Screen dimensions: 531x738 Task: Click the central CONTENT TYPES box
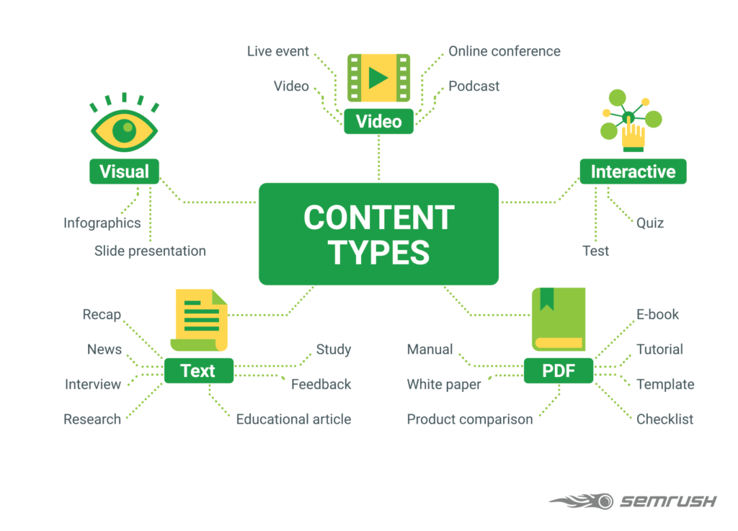(378, 233)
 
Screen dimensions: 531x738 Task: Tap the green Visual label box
(124, 171)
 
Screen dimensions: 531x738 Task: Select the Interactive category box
(633, 171)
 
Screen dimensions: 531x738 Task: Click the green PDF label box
(559, 371)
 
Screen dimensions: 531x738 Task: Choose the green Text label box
(198, 371)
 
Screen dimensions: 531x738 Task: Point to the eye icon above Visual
(124, 126)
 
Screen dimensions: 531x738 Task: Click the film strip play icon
(378, 78)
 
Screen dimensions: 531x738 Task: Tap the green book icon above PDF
(559, 319)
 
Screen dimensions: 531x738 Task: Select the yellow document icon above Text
(200, 319)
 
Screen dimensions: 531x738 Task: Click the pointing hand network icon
(631, 119)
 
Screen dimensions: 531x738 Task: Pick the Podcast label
(474, 86)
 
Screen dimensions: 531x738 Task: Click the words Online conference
(504, 51)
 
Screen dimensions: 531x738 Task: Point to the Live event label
(277, 51)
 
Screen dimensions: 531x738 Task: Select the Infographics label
(102, 223)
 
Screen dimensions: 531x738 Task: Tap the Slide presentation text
(150, 251)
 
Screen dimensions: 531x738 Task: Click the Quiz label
(649, 223)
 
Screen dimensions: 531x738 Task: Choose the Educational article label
(293, 419)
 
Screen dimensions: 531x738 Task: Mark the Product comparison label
(469, 419)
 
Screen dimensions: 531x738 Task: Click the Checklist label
(664, 419)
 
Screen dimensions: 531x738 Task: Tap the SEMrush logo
(633, 501)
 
